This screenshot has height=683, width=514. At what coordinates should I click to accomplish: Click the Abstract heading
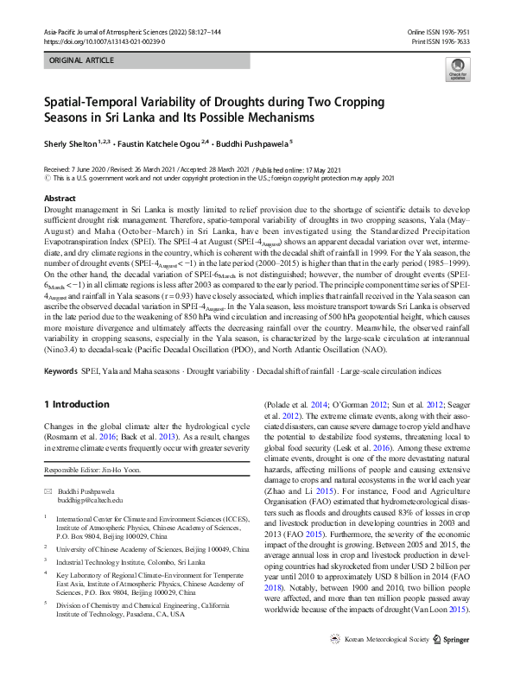pos(60,199)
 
